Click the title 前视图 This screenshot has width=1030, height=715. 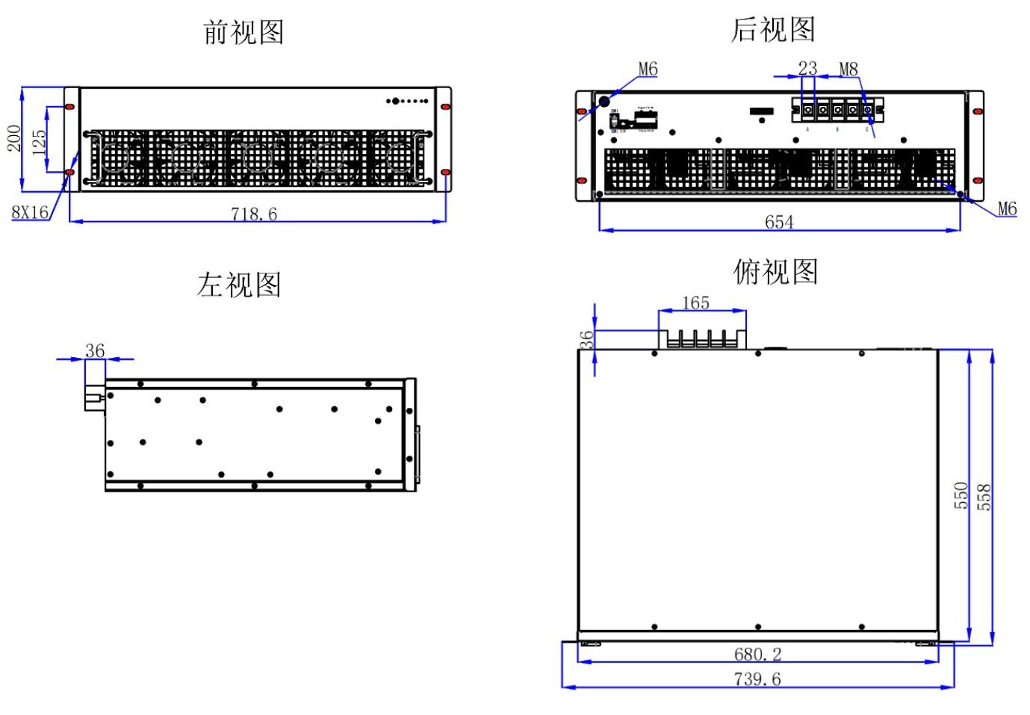click(243, 32)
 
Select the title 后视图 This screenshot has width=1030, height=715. click(772, 29)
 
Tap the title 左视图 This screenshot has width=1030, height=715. click(239, 285)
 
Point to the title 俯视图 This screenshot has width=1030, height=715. click(775, 271)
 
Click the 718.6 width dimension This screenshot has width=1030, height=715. click(254, 214)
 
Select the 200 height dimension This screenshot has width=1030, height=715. click(14, 138)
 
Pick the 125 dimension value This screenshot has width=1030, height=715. click(39, 141)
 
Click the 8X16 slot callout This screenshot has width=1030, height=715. click(30, 212)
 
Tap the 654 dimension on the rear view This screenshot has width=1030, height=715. click(778, 222)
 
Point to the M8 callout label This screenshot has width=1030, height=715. click(848, 69)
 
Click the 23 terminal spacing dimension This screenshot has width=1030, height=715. click(807, 68)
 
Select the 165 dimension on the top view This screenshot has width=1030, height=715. click(695, 303)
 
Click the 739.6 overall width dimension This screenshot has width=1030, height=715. click(757, 679)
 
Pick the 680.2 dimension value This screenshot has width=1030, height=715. click(757, 654)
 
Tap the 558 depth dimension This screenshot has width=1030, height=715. click(985, 497)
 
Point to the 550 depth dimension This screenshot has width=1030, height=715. click(961, 495)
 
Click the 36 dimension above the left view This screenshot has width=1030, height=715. click(95, 350)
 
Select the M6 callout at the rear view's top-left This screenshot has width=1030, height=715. click(648, 69)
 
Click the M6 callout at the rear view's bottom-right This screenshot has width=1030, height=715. click(1007, 209)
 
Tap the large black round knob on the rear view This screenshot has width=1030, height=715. click(605, 100)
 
